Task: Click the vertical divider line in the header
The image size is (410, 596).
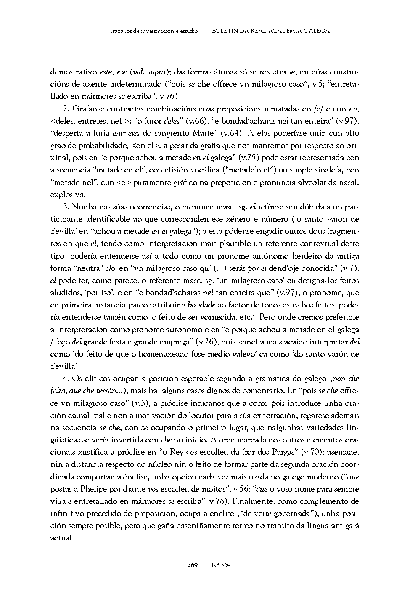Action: (205, 32)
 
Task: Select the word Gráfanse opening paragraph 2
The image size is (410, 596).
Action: (86, 109)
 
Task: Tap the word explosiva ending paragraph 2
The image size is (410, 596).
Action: (67, 195)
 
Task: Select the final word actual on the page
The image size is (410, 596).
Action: (61, 538)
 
